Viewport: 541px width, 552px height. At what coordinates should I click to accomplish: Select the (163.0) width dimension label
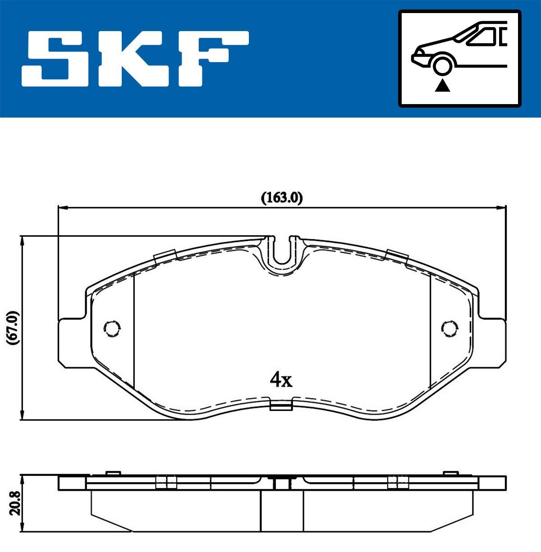pos(281,198)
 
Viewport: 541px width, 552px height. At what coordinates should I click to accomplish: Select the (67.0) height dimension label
pos(12,328)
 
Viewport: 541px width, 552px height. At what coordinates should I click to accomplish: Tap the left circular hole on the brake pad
pos(111,328)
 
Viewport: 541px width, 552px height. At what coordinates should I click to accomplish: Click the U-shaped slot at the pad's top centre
pos(282,252)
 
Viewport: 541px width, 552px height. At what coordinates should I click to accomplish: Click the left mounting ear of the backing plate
pos(72,342)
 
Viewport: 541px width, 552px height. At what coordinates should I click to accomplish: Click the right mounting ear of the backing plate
pos(491,342)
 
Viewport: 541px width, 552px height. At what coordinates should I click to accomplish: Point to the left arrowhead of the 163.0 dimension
pos(62,207)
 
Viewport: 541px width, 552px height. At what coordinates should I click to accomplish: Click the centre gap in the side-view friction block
pos(282,511)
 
